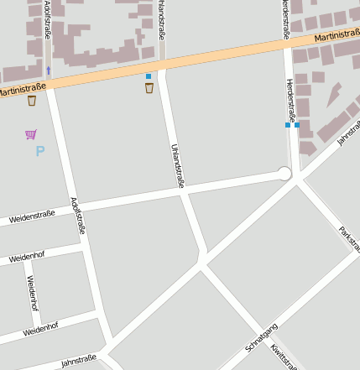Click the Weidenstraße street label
click(32, 216)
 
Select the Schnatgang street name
click(261, 337)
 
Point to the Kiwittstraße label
click(284, 356)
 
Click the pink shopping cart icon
click(31, 134)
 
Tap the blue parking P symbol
click(39, 152)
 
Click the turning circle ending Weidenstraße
click(284, 174)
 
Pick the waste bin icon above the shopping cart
click(32, 101)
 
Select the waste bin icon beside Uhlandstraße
click(149, 88)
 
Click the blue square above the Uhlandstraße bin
click(149, 76)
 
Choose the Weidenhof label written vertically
click(33, 293)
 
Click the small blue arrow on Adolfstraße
click(49, 70)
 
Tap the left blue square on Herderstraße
click(287, 125)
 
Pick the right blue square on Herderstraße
click(297, 125)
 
